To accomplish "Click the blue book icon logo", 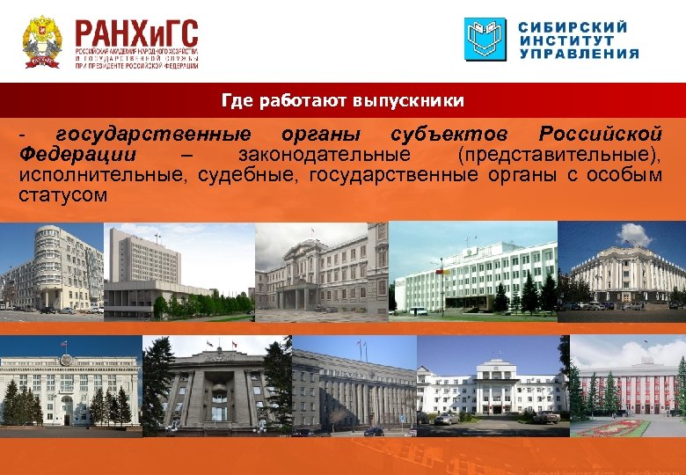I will (x=485, y=39).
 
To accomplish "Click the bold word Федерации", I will (x=76, y=155).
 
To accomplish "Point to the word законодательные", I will (x=324, y=155).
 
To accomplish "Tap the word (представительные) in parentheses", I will (x=558, y=155).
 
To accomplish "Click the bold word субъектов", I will (x=449, y=135).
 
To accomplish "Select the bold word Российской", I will (x=600, y=135).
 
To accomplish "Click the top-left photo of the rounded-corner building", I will (x=52, y=267).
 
